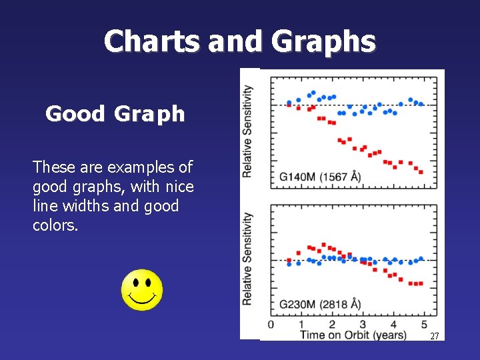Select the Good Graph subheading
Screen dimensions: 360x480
(115, 114)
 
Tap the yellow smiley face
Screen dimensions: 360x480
(141, 290)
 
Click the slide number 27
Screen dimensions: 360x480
(434, 337)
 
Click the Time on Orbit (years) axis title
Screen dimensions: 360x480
(353, 334)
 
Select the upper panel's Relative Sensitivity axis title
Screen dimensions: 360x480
(247, 131)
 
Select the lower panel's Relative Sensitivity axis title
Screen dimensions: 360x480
(247, 259)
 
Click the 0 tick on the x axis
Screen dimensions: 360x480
(270, 325)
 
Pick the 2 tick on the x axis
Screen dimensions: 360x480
(331, 325)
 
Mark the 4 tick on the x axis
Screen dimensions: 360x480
(393, 325)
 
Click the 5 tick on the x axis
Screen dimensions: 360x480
(424, 325)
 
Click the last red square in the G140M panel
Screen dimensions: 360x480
(420, 172)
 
